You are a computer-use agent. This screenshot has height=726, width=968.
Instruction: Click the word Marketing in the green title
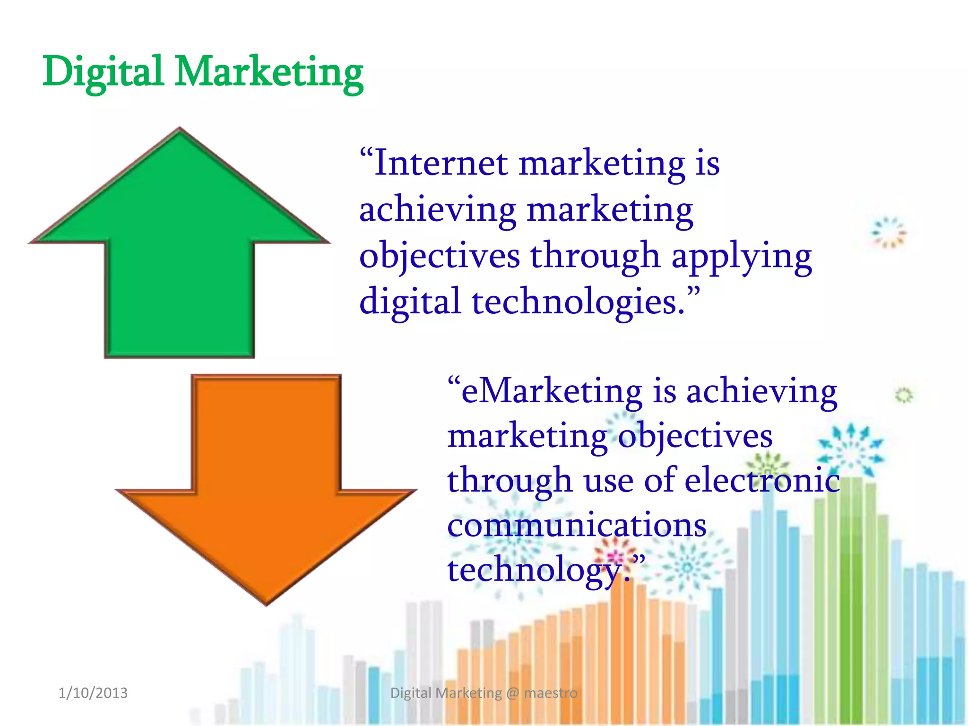tap(269, 72)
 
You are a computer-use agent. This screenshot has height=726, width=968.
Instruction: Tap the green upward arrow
tap(180, 246)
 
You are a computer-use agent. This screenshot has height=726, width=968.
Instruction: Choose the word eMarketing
tap(551, 392)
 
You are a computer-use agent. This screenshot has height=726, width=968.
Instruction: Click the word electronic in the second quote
tap(762, 480)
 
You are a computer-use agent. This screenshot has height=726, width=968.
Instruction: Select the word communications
tap(577, 525)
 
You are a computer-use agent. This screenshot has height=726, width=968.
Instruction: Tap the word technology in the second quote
tap(534, 570)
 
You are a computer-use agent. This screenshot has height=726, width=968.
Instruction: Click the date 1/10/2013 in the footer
tap(93, 693)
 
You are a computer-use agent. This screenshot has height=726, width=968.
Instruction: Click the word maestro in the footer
tap(551, 693)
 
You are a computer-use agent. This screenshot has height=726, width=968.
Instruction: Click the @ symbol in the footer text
tap(512, 693)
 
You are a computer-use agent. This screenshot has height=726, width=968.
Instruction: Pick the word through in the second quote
tap(510, 480)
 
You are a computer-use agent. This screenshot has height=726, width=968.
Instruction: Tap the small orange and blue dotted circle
tap(889, 232)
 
